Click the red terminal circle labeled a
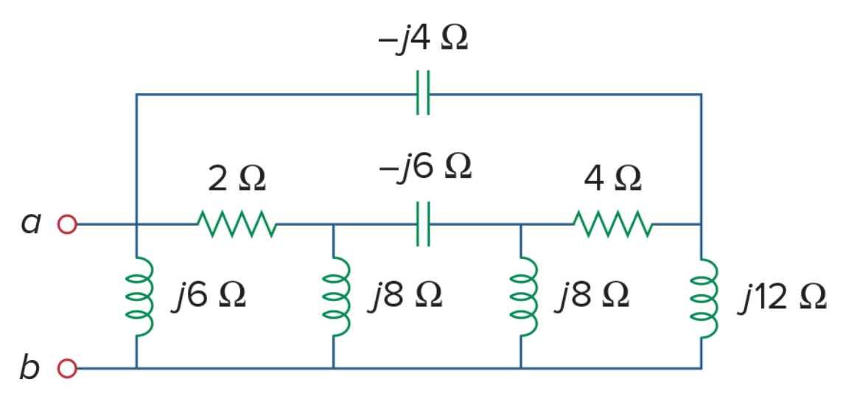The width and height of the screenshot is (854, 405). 67,224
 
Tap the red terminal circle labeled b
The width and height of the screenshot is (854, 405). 67,368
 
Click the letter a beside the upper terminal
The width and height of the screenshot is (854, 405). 30,224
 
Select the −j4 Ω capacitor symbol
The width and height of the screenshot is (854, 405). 423,93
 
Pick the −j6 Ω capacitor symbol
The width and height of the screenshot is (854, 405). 423,224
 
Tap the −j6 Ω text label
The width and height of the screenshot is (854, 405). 425,167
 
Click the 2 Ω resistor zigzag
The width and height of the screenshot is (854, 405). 237,224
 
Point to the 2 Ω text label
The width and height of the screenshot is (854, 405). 237,179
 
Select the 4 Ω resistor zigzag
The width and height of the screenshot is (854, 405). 613,224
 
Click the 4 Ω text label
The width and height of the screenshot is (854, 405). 612,179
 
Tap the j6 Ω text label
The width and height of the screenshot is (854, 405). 209,296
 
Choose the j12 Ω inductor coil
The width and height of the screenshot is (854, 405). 704,299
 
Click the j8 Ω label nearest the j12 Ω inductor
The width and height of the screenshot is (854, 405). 592,296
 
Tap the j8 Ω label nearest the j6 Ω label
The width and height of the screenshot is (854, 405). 405,296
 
